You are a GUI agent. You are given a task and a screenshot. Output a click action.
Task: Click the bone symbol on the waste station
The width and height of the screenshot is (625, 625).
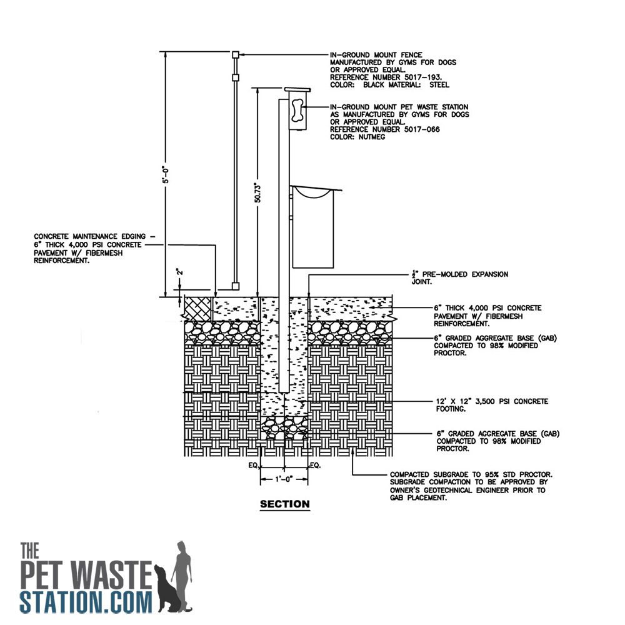pyautogui.click(x=297, y=111)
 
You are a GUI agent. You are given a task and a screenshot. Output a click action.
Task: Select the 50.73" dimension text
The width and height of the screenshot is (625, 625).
pyautogui.click(x=257, y=193)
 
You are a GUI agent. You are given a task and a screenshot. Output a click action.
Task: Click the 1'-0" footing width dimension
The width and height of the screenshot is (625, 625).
pyautogui.click(x=284, y=479)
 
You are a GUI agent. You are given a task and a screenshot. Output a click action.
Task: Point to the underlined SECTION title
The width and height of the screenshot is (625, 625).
pyautogui.click(x=284, y=504)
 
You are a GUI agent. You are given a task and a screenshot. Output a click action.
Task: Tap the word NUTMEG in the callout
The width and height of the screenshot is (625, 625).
pyautogui.click(x=371, y=137)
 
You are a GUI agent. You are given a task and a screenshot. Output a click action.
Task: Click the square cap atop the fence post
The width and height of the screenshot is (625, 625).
pyautogui.click(x=236, y=54)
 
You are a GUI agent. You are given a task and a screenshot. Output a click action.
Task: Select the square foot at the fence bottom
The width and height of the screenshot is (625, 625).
pyautogui.click(x=236, y=286)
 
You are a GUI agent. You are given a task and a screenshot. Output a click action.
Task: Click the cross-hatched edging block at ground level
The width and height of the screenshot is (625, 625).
pyautogui.click(x=198, y=307)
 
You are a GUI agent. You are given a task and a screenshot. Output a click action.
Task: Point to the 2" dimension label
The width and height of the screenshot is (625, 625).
pyautogui.click(x=180, y=272)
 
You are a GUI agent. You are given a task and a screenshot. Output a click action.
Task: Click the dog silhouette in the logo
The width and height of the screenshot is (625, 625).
pyautogui.click(x=169, y=587)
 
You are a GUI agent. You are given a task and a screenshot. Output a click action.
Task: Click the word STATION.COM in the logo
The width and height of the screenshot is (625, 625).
pyautogui.click(x=86, y=602)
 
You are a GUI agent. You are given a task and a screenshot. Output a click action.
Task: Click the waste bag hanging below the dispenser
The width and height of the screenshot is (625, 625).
pyautogui.click(x=313, y=228)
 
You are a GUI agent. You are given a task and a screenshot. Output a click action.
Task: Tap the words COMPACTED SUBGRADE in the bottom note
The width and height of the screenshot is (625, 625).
pyautogui.click(x=430, y=475)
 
